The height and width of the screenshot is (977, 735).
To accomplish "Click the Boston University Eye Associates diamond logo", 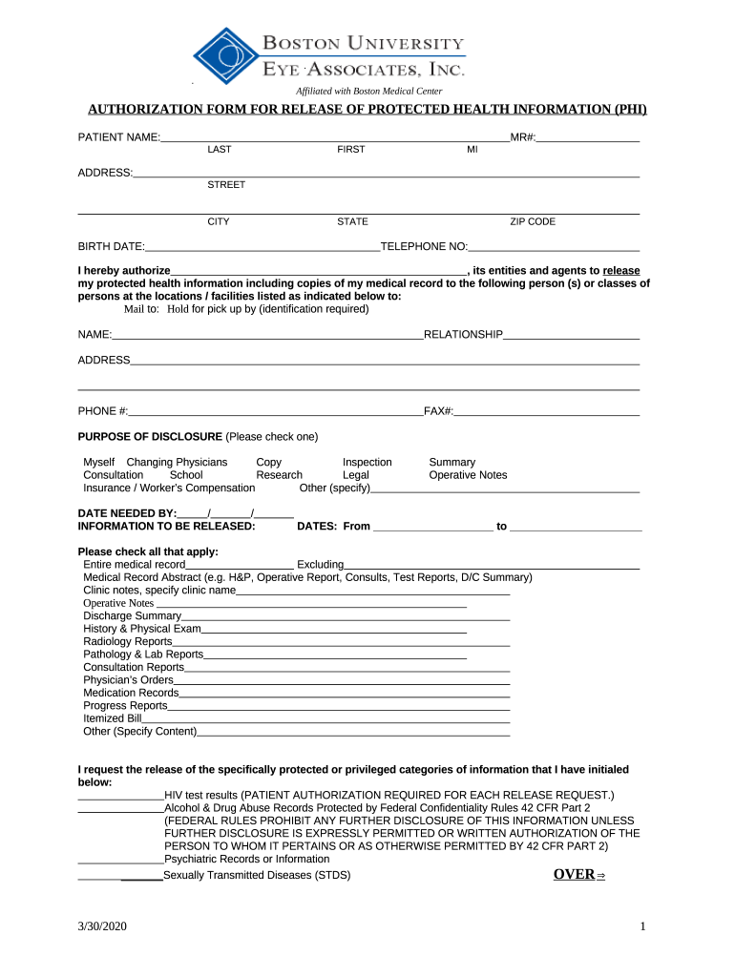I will [226, 56].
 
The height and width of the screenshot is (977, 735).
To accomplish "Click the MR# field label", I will [523, 138].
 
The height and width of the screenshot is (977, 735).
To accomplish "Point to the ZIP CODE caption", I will [532, 221].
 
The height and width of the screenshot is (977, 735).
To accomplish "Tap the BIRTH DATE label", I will [111, 246].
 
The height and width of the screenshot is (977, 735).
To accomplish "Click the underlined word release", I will [621, 271].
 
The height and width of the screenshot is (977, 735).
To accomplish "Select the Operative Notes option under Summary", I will [468, 475].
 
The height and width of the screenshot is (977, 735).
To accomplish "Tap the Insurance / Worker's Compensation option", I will [169, 488].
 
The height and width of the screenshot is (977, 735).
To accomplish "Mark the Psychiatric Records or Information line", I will [246, 859].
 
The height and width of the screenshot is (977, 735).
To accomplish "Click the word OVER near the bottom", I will [574, 875].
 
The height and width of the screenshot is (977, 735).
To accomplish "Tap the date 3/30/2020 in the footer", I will [102, 927].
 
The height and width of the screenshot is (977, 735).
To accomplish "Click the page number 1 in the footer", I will [643, 927].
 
